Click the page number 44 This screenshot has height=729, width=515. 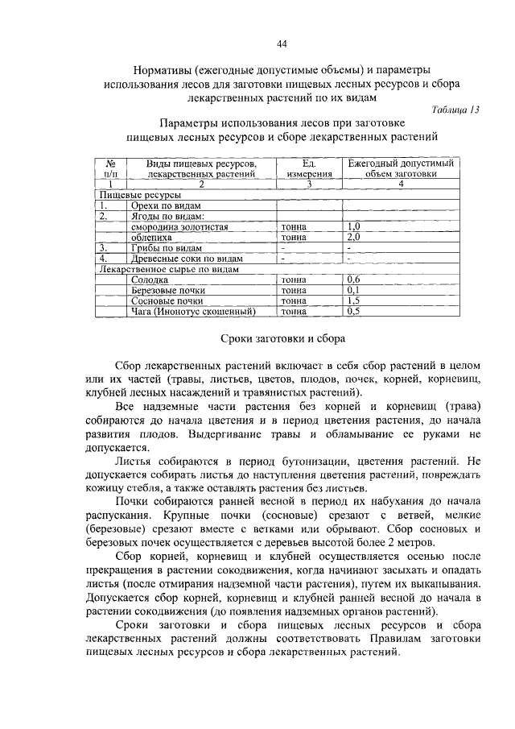point(282,43)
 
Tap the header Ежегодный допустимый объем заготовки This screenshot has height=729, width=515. point(400,168)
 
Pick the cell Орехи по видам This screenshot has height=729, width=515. point(167,206)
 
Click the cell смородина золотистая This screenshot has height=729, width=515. point(180,227)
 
